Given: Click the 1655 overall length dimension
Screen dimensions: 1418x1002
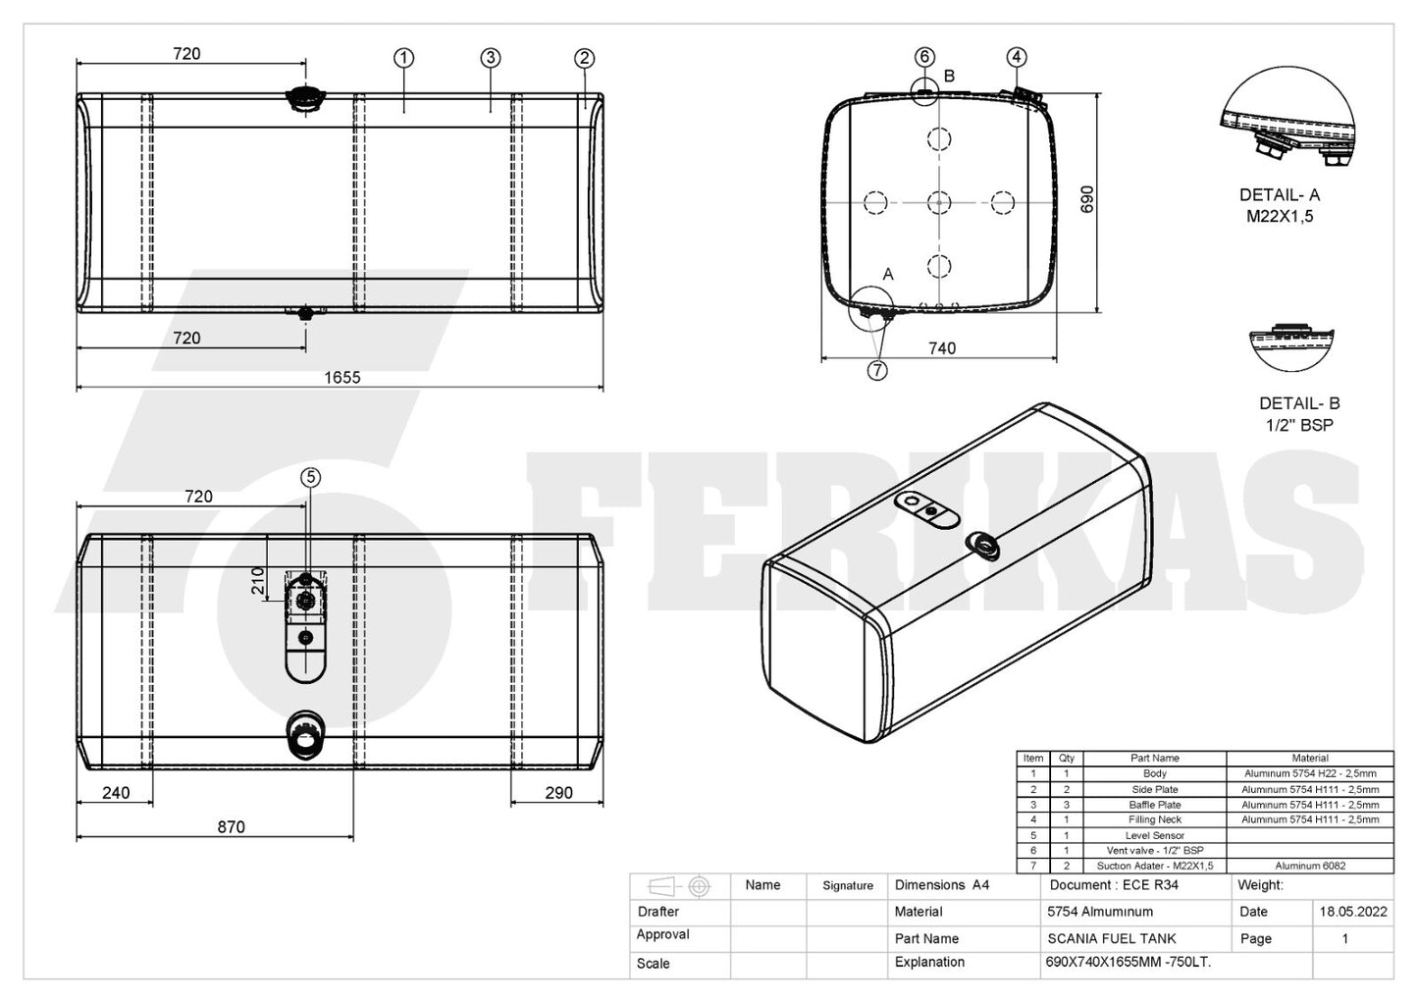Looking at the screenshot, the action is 341,377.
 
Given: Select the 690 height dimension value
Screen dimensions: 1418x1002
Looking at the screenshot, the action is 1086,199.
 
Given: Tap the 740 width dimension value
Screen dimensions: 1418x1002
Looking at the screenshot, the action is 942,348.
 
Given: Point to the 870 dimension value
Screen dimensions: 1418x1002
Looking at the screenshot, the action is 231,826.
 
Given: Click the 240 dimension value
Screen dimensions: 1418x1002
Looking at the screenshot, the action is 116,793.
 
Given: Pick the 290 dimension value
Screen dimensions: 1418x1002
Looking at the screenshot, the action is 559,793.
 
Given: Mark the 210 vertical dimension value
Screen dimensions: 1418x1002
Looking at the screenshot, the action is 258,580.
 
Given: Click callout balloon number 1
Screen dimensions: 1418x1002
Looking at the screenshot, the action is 404,58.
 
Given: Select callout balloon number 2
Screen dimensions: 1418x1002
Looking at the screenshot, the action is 584,58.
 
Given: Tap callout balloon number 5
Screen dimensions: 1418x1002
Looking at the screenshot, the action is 310,477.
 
